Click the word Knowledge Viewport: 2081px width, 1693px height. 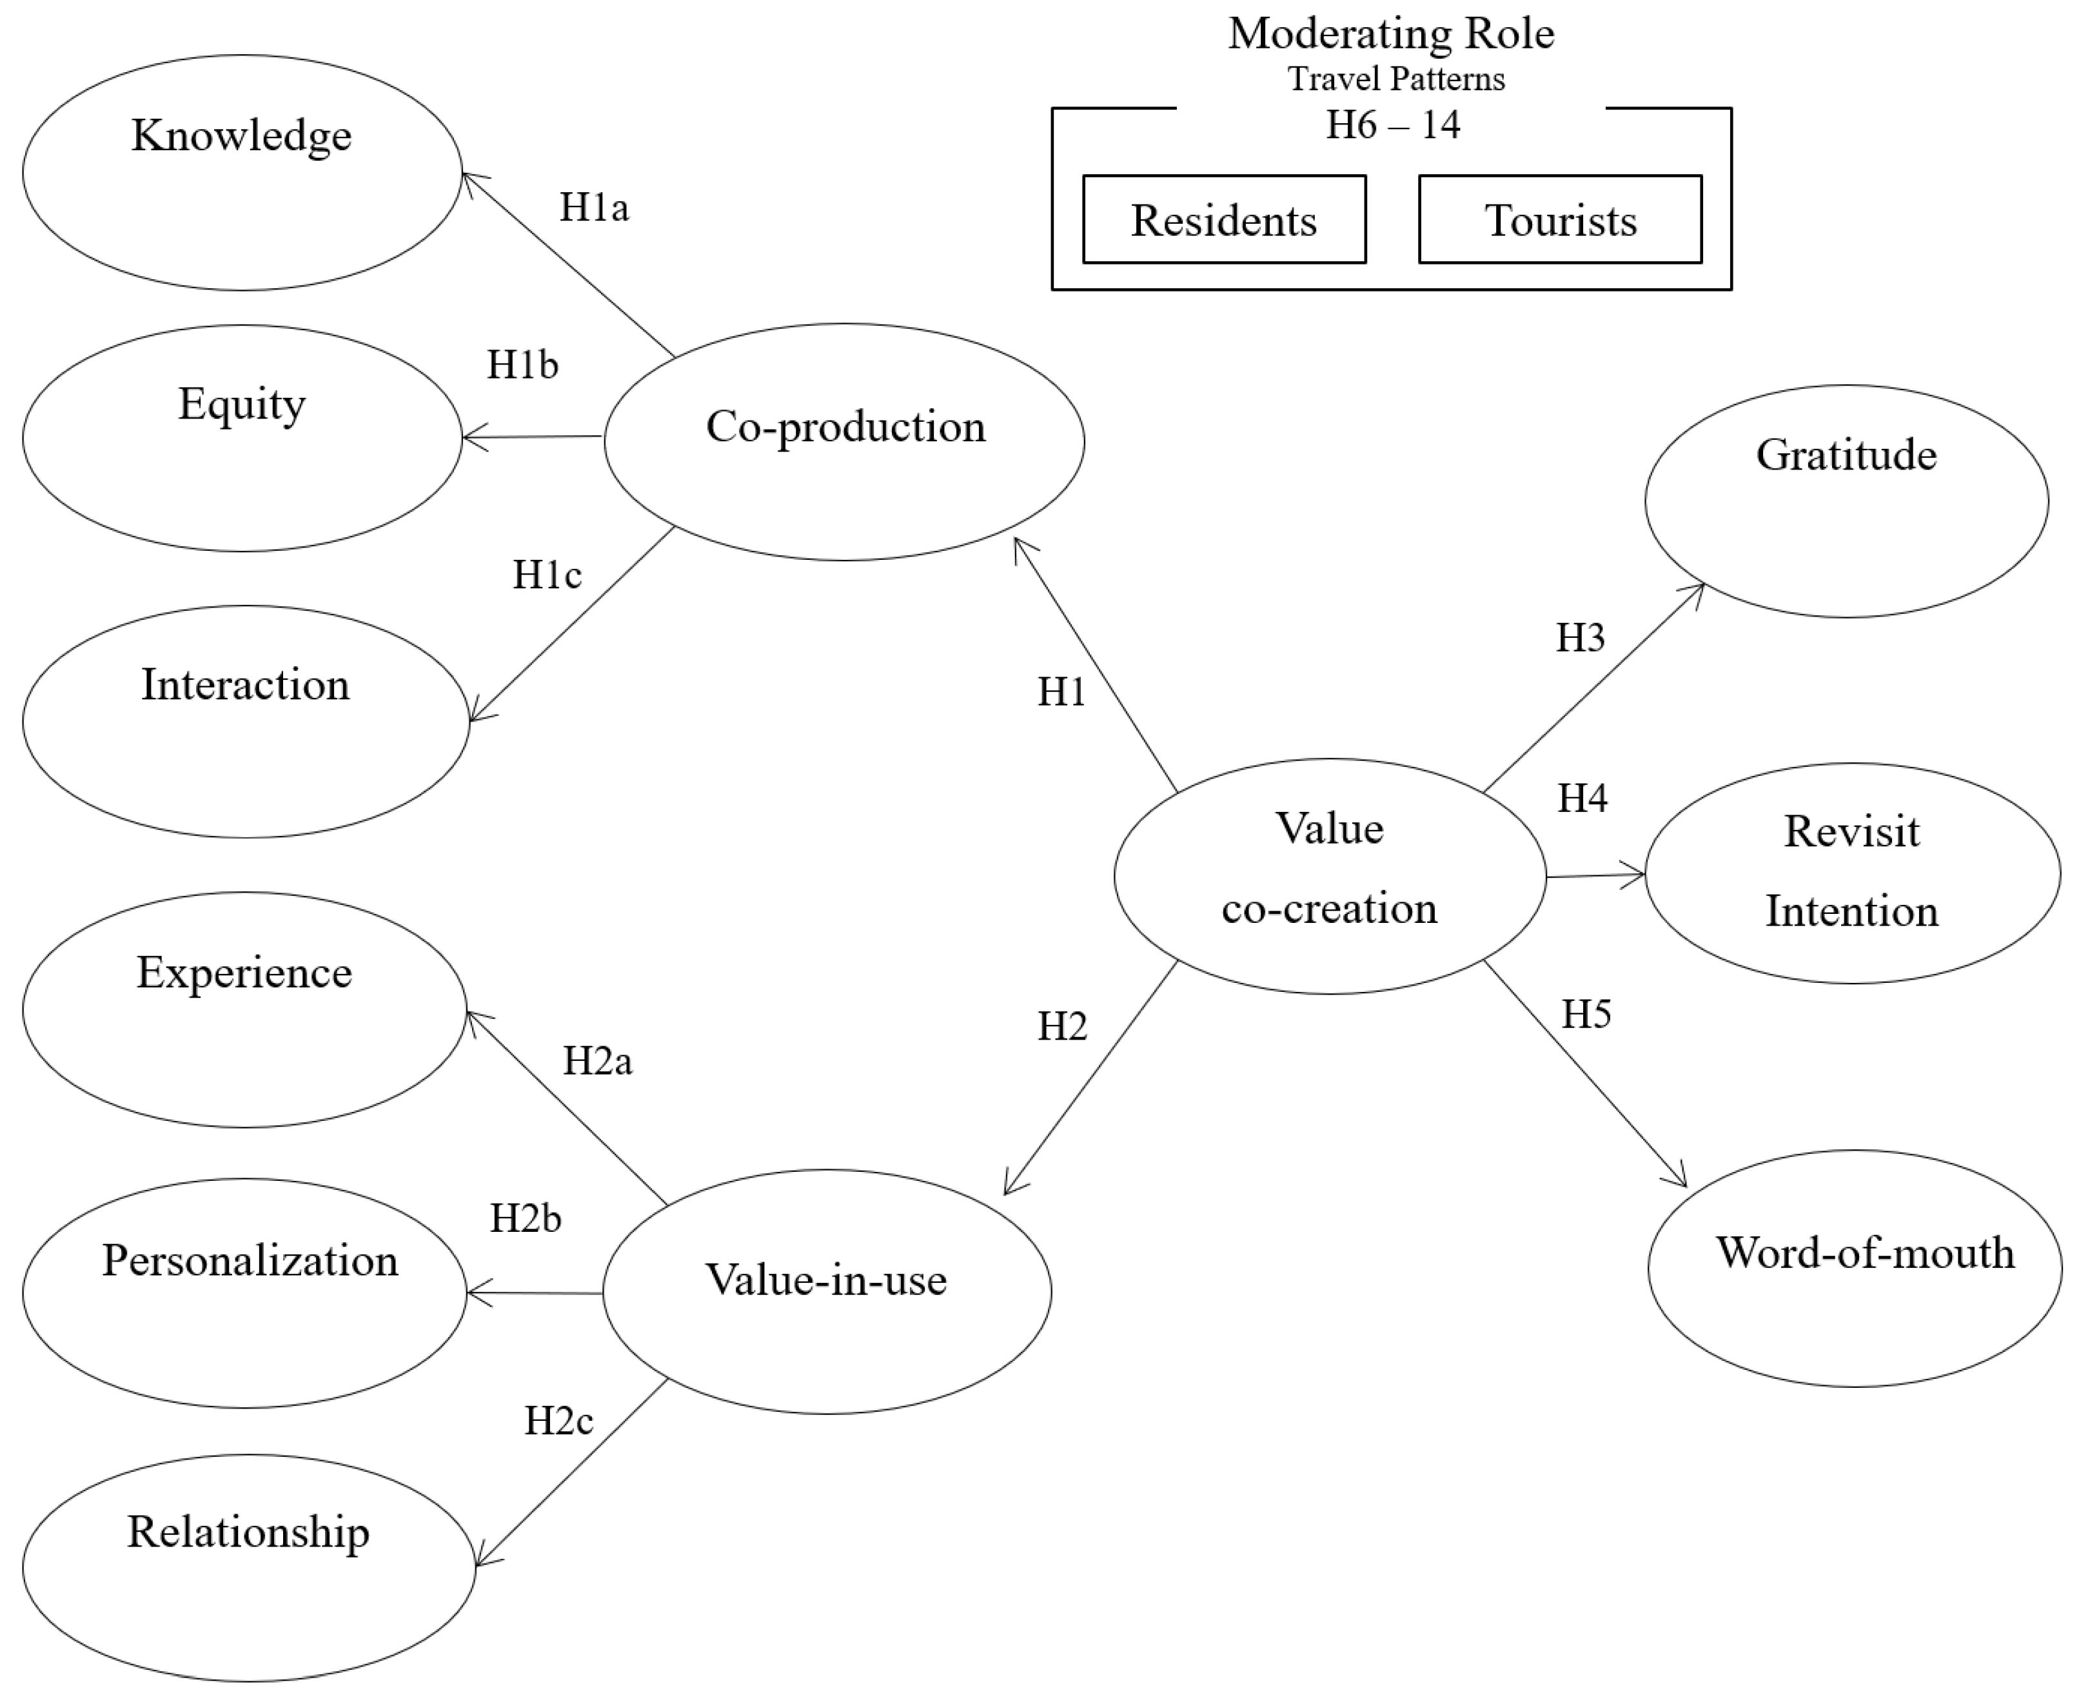click(241, 135)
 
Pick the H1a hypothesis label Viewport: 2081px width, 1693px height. click(594, 207)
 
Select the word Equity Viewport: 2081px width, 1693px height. click(241, 404)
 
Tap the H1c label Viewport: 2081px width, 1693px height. click(547, 575)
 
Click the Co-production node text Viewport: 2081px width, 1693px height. click(845, 427)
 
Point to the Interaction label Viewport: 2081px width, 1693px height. click(245, 684)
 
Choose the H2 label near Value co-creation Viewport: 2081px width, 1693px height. click(1062, 1027)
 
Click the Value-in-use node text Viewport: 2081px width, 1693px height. click(826, 1280)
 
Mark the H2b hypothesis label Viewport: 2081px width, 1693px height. click(526, 1219)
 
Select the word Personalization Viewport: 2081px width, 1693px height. click(250, 1261)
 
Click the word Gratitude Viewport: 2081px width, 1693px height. click(1846, 455)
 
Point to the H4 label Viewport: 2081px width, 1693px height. click(1582, 798)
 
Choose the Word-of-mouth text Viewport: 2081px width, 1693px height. click(1864, 1253)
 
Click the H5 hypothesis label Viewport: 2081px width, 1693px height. click(1586, 1015)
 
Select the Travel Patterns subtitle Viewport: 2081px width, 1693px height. click(1396, 79)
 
